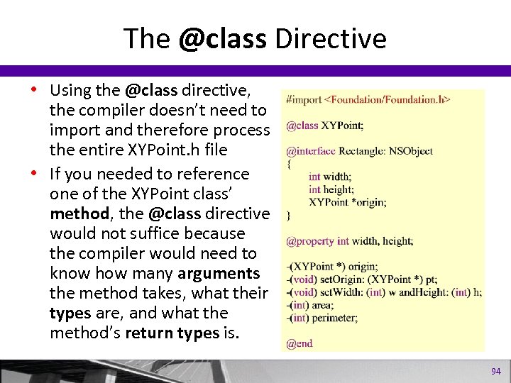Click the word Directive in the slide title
tap(331, 39)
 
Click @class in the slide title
tap(222, 39)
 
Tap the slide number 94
tap(495, 372)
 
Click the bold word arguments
tap(219, 273)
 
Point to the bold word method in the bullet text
tap(75, 213)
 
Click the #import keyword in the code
tap(303, 99)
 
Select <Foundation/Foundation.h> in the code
tap(388, 99)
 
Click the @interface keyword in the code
tap(311, 151)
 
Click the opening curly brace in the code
tap(288, 163)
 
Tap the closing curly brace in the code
tap(288, 214)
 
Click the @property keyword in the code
tap(310, 240)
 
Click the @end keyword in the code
tap(299, 343)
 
